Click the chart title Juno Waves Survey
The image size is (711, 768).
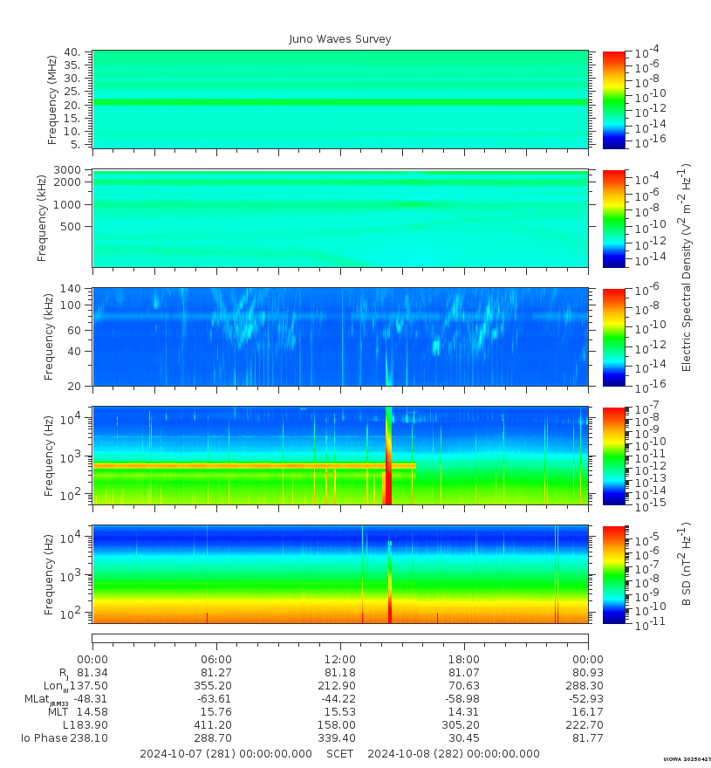click(340, 39)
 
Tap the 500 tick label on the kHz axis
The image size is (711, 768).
click(71, 226)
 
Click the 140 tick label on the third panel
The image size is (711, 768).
click(71, 289)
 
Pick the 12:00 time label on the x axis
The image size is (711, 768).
click(340, 660)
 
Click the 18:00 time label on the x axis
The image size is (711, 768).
click(464, 660)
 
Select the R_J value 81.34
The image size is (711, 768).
click(92, 673)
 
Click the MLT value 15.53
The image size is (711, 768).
click(340, 712)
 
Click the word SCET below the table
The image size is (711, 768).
click(340, 754)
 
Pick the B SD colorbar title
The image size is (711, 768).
click(686, 565)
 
